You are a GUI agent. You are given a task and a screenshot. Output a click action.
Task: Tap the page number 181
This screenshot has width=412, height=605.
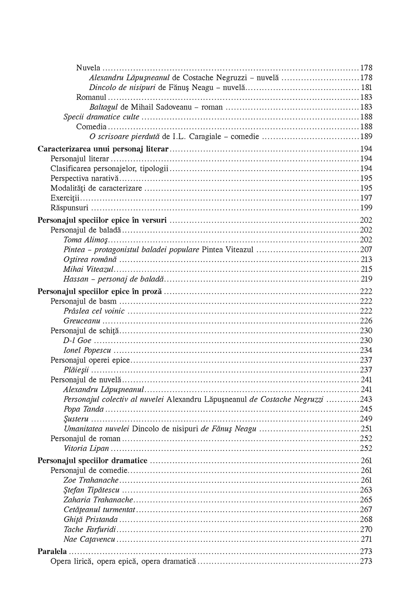point(367,87)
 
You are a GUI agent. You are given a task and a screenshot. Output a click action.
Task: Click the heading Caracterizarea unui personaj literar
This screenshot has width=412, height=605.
point(103,149)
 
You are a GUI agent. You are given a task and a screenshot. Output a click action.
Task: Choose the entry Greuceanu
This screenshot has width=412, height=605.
point(82,321)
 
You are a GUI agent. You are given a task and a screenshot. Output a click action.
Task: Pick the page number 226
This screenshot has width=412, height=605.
point(366,321)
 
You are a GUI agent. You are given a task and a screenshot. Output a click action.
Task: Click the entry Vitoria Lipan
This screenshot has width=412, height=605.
point(87,449)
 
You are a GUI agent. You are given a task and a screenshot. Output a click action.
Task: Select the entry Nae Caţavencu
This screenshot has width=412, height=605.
point(89,539)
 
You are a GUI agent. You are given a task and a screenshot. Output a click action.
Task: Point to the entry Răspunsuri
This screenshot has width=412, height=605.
point(70,208)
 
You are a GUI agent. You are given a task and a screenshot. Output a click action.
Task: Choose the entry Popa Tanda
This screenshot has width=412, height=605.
point(84,409)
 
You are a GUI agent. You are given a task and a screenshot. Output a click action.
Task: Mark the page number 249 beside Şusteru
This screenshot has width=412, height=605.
point(366,419)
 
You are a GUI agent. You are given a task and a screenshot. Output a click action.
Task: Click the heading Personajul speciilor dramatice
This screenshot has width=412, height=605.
point(93,461)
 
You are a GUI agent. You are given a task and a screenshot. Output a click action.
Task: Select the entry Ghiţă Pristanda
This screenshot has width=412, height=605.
point(91,520)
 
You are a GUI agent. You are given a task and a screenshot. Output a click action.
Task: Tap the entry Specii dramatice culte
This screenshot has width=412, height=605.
point(101,117)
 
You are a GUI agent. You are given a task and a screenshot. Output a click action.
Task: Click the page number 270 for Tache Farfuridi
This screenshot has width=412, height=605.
point(366,529)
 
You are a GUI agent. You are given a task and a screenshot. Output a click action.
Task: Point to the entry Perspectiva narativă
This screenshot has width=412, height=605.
point(85,178)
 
